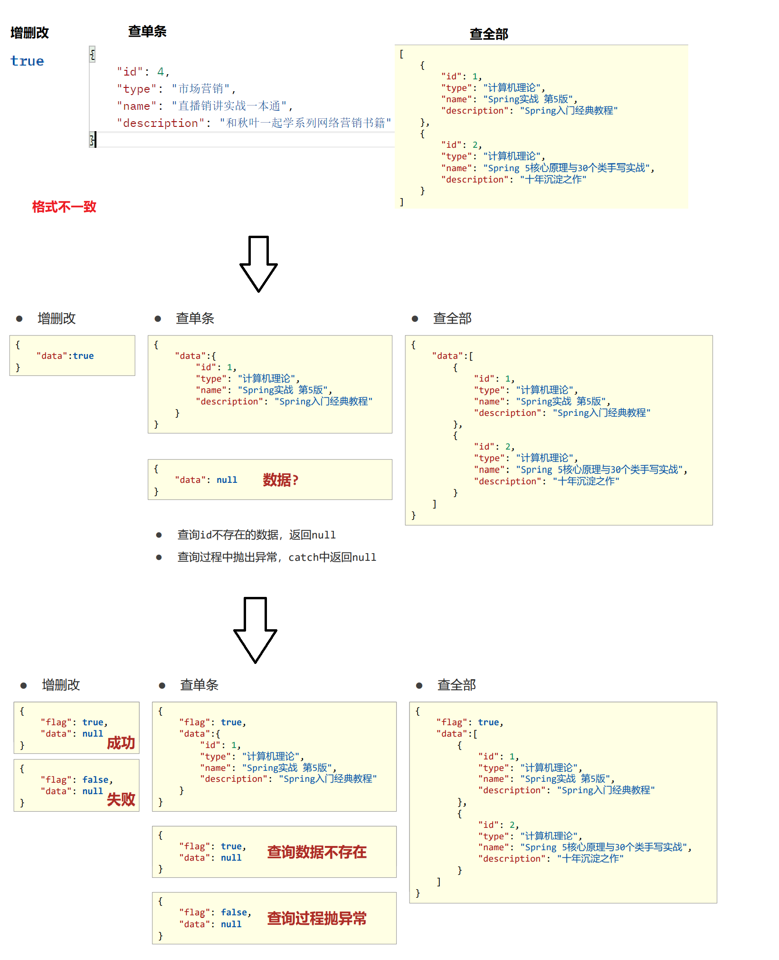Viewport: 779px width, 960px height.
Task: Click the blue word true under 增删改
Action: [x=27, y=61]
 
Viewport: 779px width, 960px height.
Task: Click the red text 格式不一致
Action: [x=64, y=207]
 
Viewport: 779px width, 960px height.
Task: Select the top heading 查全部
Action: [x=489, y=34]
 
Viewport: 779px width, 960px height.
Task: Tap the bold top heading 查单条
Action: [x=147, y=32]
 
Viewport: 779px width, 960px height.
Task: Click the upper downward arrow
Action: [x=258, y=263]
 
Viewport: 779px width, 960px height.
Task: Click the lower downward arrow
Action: [x=256, y=629]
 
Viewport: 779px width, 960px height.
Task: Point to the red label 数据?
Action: [x=280, y=480]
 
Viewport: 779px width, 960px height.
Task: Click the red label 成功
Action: [x=121, y=743]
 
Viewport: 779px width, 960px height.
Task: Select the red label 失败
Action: [x=121, y=799]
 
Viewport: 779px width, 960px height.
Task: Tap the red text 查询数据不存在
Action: [x=316, y=852]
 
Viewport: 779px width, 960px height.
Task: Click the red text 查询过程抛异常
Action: [x=316, y=918]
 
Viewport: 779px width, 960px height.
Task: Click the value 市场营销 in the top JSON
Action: [x=201, y=89]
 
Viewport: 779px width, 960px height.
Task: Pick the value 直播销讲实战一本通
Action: [x=229, y=106]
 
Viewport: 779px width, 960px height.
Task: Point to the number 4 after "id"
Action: [x=161, y=72]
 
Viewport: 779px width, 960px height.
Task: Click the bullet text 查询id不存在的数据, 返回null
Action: [x=256, y=535]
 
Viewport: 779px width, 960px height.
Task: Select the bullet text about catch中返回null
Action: [x=276, y=557]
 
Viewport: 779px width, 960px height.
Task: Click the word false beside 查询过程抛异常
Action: [x=234, y=912]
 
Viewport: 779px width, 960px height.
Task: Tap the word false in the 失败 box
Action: [x=95, y=780]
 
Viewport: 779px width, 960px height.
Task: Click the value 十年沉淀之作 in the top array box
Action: [x=553, y=180]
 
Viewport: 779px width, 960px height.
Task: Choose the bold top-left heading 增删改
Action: [x=29, y=33]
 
